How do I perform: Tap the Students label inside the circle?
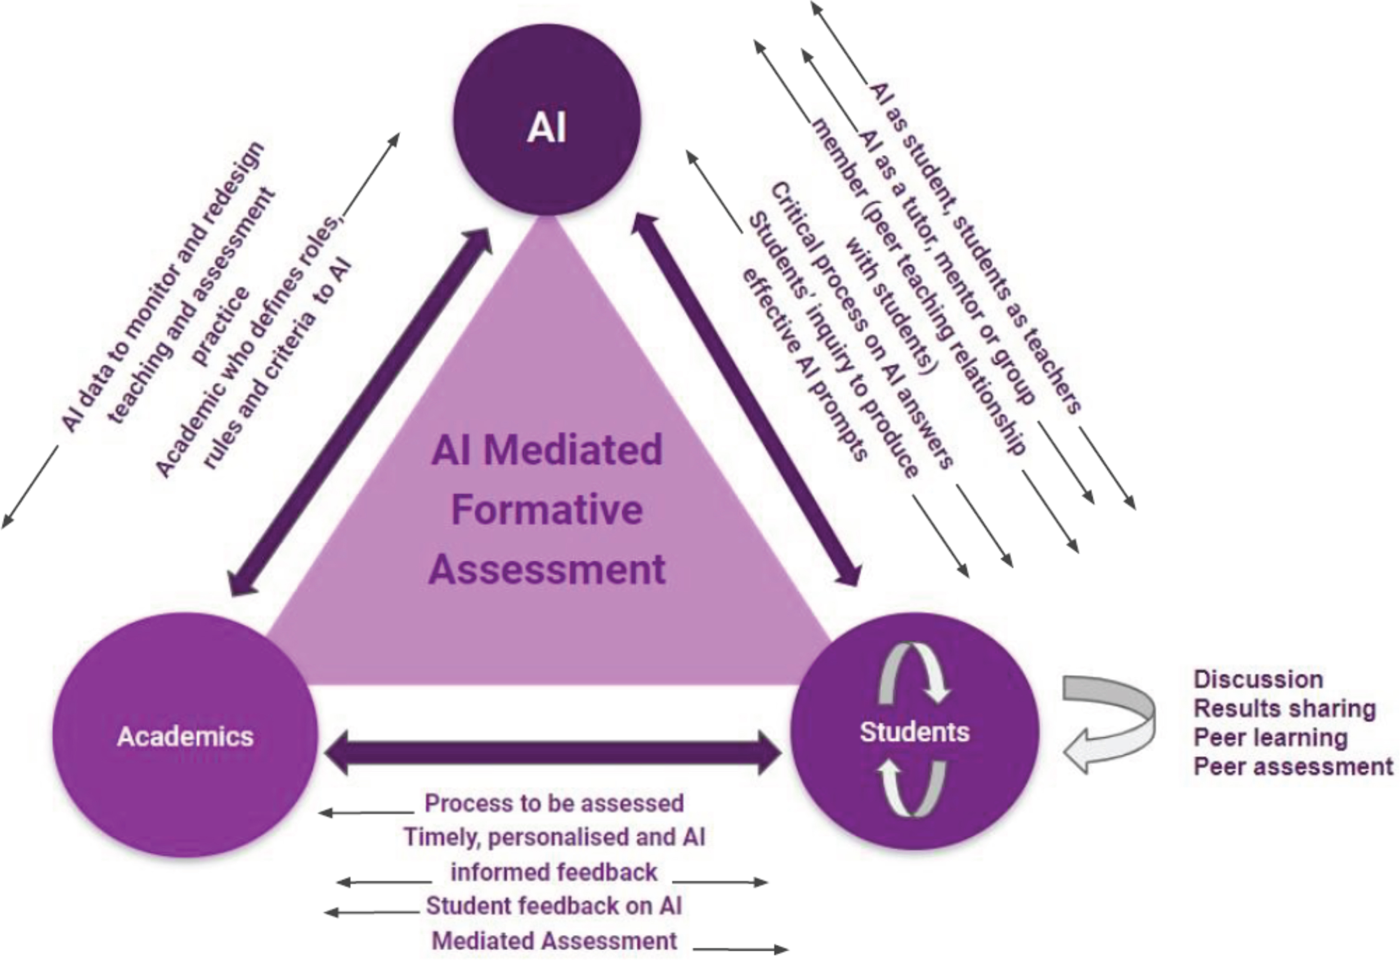914,732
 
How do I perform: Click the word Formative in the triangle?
547,509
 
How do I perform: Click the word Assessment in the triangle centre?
547,569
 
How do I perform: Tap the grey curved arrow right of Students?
1109,723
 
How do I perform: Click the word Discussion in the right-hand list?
1258,679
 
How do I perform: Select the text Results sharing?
1284,708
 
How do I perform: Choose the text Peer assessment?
1293,767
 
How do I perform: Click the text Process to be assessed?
554,803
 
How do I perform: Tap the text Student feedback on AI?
554,906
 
